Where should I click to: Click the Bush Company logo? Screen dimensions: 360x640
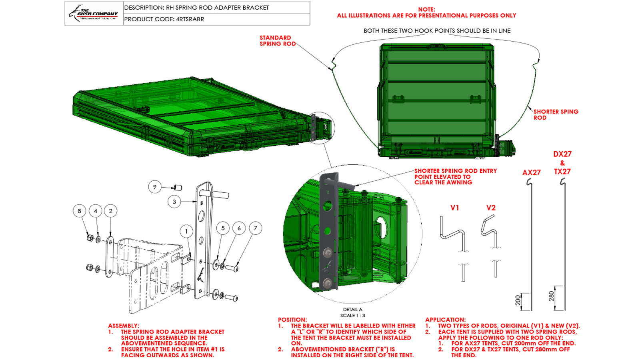94,13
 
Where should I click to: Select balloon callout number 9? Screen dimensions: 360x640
155,187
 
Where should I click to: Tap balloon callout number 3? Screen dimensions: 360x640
174,202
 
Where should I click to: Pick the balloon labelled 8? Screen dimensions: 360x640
79,211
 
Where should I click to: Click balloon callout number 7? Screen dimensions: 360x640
256,228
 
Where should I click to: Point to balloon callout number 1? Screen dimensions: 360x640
186,231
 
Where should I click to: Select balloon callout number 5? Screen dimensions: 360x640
223,228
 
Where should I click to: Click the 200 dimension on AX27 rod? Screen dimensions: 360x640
518,300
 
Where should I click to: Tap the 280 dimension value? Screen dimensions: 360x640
552,296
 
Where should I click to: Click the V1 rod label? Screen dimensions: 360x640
455,208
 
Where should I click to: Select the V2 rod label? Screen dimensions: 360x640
491,208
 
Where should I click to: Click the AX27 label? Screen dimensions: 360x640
531,172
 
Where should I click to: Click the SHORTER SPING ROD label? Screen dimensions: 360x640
556,114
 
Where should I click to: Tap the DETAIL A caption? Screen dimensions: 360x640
352,309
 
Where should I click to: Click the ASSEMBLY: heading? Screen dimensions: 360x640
124,326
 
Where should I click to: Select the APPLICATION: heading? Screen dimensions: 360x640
445,320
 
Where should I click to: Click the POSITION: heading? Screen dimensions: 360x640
292,320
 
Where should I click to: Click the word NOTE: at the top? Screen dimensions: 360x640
426,9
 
